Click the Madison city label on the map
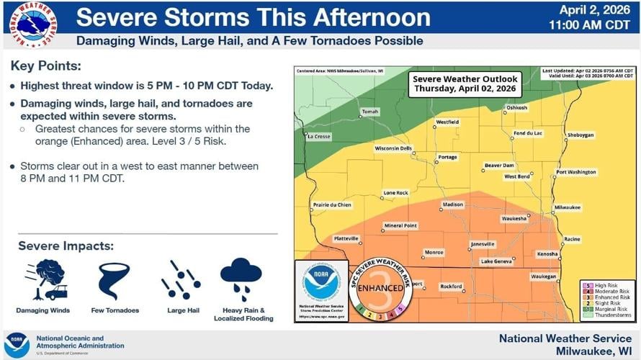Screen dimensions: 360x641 (x=453, y=204)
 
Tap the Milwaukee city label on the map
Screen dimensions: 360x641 (x=567, y=207)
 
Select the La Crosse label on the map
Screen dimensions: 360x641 (x=318, y=136)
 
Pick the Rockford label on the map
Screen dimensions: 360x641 (x=451, y=286)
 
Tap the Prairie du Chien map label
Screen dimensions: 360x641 (x=333, y=205)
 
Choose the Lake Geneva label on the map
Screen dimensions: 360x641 (x=496, y=261)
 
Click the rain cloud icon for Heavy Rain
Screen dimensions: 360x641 (x=241, y=279)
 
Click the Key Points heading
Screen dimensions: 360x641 (x=45, y=66)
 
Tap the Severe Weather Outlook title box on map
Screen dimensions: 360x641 (x=465, y=84)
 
